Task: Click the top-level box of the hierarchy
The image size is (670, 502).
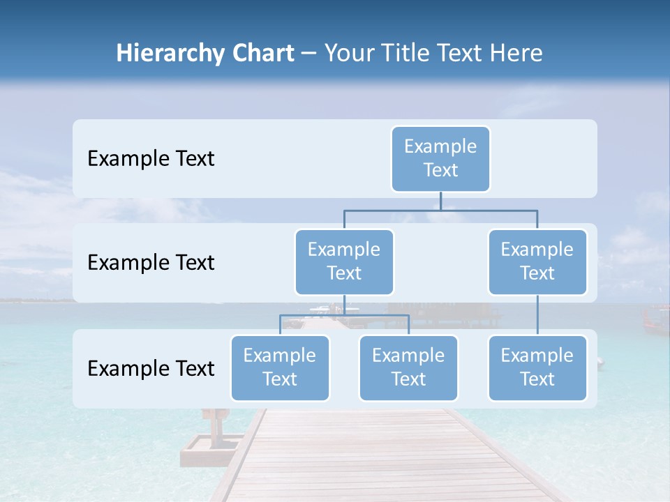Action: [x=440, y=159]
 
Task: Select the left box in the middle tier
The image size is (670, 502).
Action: [x=344, y=262]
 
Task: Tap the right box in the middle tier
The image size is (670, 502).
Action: [x=537, y=262]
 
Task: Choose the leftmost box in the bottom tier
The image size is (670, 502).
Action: [x=280, y=368]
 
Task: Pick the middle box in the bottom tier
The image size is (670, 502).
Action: [x=408, y=368]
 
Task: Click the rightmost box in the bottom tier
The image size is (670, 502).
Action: [x=537, y=368]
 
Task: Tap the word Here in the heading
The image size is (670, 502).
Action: [x=516, y=53]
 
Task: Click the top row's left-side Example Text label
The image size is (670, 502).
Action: [x=151, y=159]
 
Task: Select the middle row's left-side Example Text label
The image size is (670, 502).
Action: [x=151, y=263]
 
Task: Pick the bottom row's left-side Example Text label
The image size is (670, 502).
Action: [x=151, y=369]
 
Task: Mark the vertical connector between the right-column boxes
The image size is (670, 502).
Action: [x=537, y=315]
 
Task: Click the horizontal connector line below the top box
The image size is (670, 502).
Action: [x=440, y=210]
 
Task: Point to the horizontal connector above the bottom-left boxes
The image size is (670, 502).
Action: [x=344, y=315]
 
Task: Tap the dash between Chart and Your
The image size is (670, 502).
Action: [x=309, y=54]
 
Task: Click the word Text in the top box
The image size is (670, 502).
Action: [x=440, y=170]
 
